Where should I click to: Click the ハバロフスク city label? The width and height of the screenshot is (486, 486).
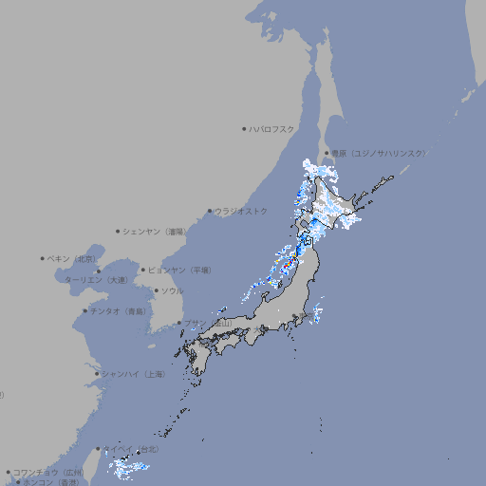point(272,129)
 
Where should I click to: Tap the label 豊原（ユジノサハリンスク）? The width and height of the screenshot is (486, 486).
point(378,153)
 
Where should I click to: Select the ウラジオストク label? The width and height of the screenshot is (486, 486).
point(241,212)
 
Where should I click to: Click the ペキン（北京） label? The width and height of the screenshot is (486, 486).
point(72,258)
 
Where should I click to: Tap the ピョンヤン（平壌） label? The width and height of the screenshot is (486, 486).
point(179,271)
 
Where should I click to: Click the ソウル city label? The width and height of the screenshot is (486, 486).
point(172,291)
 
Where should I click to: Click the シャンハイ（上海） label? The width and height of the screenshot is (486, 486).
point(133,374)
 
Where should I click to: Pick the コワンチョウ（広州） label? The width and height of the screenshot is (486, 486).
point(47,472)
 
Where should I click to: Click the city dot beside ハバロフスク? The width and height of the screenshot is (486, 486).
point(244,129)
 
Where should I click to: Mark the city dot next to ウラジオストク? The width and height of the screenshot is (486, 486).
point(210,212)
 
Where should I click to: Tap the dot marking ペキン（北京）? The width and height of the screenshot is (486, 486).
point(43,258)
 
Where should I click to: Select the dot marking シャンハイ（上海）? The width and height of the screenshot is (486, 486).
point(97,374)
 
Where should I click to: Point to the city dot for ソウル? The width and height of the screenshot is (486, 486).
point(156,291)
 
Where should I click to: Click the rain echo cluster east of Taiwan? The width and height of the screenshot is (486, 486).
point(126,466)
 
